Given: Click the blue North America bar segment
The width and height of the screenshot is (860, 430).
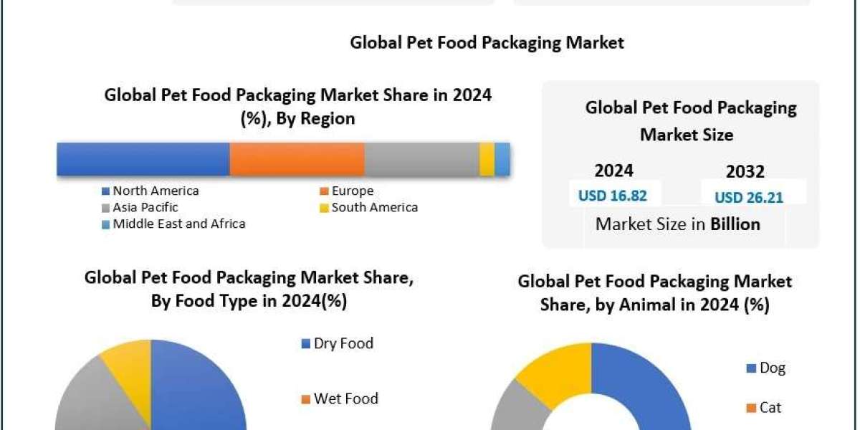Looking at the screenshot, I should click(x=143, y=159).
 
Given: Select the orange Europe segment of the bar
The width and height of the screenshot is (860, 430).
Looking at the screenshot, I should click(x=297, y=159).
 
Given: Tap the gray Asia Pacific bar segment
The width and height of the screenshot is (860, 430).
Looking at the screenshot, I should click(x=421, y=159).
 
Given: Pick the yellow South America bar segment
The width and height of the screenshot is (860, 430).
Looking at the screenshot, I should click(x=487, y=159).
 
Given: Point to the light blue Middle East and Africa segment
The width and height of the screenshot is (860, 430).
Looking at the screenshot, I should click(x=502, y=159).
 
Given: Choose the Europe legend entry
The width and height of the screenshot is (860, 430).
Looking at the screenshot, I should click(x=347, y=191).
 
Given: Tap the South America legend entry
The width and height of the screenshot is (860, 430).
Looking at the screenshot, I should click(x=368, y=208).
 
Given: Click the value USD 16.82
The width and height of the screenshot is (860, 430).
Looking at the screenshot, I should click(x=613, y=196).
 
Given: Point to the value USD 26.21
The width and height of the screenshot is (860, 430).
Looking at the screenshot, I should click(x=749, y=197).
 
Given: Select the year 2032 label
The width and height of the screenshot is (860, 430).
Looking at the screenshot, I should click(x=745, y=172).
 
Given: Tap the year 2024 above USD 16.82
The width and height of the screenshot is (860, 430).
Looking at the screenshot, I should click(x=613, y=171).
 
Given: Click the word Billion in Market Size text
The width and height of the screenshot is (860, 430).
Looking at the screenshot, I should click(x=735, y=224).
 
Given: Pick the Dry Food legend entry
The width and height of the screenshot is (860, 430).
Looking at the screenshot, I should click(x=338, y=344).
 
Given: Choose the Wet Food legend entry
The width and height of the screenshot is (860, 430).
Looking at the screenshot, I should click(x=340, y=399).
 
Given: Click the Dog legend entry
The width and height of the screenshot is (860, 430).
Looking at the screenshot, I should click(x=766, y=368).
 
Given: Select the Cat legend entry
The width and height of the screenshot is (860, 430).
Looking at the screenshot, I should click(x=764, y=408).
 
